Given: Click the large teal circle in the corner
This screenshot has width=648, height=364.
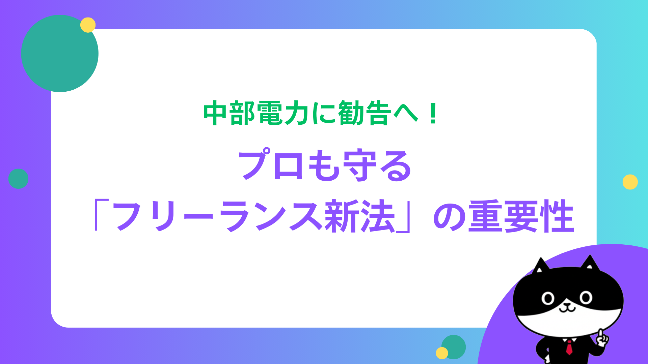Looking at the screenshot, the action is click(60, 53).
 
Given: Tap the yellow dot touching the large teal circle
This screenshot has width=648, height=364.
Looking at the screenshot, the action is click(88, 25).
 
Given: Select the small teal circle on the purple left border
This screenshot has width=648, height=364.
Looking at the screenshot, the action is click(18, 179).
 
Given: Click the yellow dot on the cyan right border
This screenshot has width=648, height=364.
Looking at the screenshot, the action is click(630, 182).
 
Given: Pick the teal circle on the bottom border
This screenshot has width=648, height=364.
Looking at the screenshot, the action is click(454, 347).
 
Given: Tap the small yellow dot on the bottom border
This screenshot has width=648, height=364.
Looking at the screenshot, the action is click(442, 353).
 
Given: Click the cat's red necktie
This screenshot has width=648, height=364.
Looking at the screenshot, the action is click(569, 347).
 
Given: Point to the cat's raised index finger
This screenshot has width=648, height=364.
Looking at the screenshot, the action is click(600, 334).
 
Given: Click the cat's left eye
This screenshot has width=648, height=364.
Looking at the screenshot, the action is click(548, 299).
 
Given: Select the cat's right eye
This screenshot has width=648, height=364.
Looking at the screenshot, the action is click(586, 298).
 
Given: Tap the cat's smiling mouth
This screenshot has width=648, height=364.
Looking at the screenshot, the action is click(567, 308).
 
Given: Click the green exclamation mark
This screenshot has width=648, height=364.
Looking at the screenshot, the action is click(433, 114).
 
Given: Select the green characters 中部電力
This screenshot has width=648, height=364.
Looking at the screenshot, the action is click(256, 113).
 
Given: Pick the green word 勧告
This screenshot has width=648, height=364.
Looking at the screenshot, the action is click(364, 113).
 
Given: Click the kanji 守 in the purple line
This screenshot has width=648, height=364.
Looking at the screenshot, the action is click(359, 165).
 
